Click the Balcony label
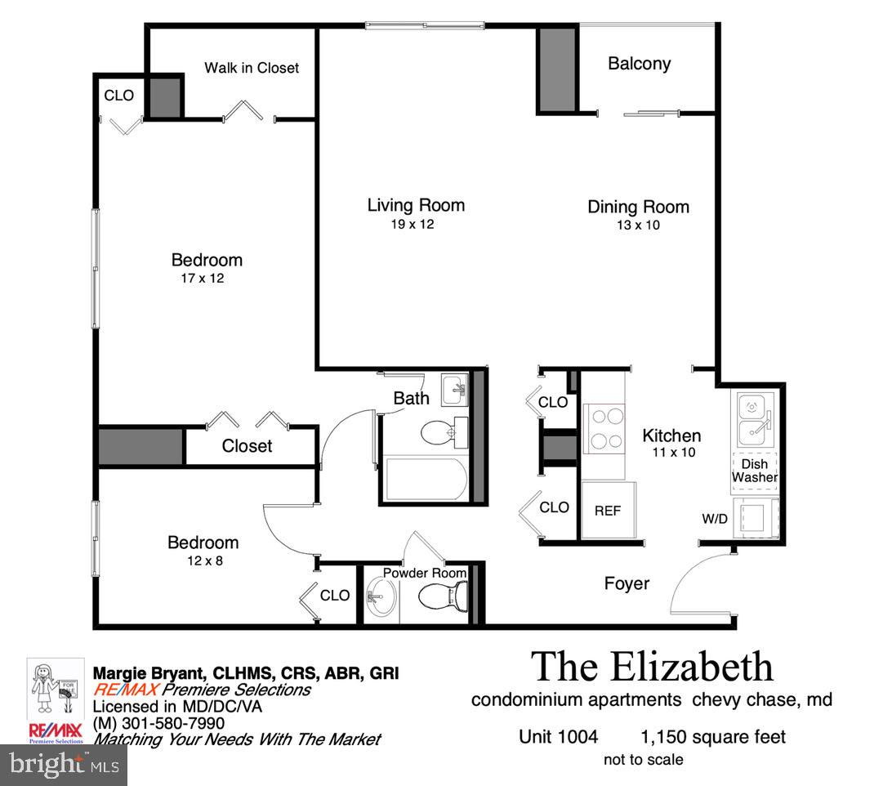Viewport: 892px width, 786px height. [x=639, y=64]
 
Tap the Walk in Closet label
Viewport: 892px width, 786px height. [x=252, y=68]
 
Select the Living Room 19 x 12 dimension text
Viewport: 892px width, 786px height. [x=413, y=224]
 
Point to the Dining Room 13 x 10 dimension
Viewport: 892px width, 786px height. [x=638, y=225]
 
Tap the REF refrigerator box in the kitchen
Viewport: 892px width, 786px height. [x=608, y=510]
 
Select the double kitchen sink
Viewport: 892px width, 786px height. [x=755, y=419]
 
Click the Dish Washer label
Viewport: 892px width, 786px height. [x=754, y=471]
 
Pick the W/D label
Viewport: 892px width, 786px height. [x=715, y=519]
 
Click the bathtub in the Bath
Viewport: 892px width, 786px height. [x=426, y=479]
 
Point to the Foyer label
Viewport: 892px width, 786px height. [x=627, y=583]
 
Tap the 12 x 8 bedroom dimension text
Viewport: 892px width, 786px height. [x=205, y=560]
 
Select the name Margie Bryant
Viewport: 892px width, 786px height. [x=149, y=673]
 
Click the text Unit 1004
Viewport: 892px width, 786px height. [x=558, y=736]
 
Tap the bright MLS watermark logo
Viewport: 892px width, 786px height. [x=64, y=765]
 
